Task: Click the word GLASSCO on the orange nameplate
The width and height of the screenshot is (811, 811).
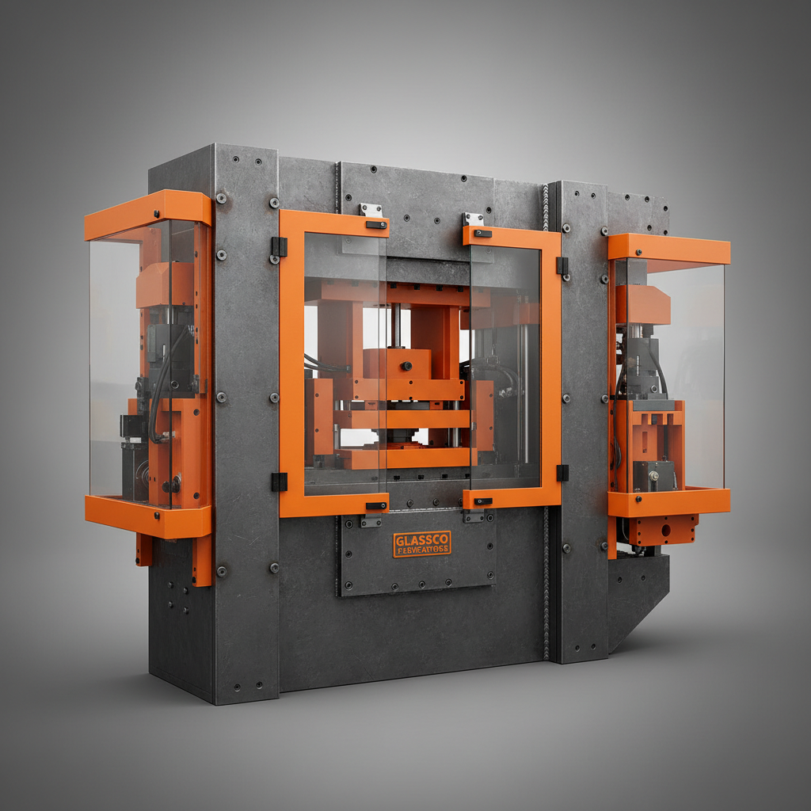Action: [x=421, y=539]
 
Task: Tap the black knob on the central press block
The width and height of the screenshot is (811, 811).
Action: [x=405, y=367]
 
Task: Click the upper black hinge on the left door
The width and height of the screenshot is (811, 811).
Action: [x=279, y=246]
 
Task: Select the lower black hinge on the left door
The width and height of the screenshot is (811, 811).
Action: [x=279, y=482]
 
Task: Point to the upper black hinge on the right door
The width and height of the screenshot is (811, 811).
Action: [x=562, y=265]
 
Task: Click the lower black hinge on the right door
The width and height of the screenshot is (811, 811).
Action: [x=562, y=473]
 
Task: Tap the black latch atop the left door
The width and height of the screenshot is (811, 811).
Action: [x=376, y=225]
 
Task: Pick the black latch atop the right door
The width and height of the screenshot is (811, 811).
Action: [x=482, y=233]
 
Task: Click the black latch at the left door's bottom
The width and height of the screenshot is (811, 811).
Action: [x=376, y=505]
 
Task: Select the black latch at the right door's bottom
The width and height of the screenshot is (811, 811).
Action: [x=482, y=501]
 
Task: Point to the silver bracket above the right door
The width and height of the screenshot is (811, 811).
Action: [x=473, y=219]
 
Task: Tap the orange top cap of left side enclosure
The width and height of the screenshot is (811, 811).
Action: [x=148, y=208]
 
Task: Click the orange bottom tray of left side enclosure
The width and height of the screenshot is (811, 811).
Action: [x=148, y=516]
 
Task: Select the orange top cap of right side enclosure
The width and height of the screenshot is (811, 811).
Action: [x=668, y=248]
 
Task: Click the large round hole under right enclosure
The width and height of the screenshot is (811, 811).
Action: [x=664, y=526]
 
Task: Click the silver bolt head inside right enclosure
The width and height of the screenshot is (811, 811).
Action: [x=653, y=475]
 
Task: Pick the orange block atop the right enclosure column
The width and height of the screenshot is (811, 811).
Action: [x=642, y=304]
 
